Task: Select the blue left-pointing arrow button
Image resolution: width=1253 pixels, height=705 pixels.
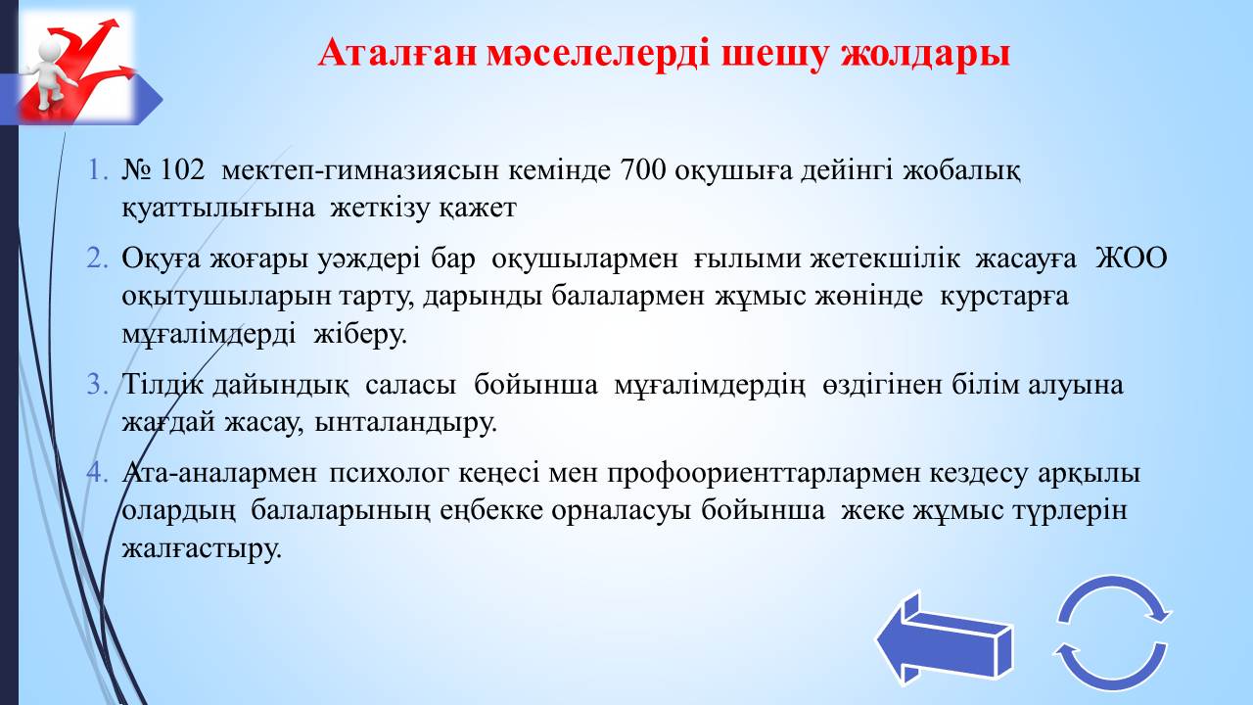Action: point(945,638)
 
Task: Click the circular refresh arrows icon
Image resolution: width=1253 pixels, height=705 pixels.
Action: point(1113,634)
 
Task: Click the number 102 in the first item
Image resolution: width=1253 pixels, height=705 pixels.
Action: point(183,170)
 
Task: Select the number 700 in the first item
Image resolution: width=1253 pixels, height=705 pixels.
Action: point(643,170)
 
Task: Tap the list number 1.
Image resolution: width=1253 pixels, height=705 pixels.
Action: point(97,170)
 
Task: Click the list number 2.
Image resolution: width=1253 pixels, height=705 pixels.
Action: point(97,258)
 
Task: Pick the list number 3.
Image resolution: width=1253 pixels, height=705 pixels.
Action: point(97,385)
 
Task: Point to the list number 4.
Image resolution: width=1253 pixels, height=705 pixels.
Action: point(97,473)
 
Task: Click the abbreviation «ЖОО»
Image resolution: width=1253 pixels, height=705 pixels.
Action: point(1131,258)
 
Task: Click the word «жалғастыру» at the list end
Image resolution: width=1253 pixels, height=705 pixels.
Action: point(202,549)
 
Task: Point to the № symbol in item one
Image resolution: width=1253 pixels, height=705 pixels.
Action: point(136,170)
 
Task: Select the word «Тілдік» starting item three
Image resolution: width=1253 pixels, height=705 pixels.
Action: point(162,385)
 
